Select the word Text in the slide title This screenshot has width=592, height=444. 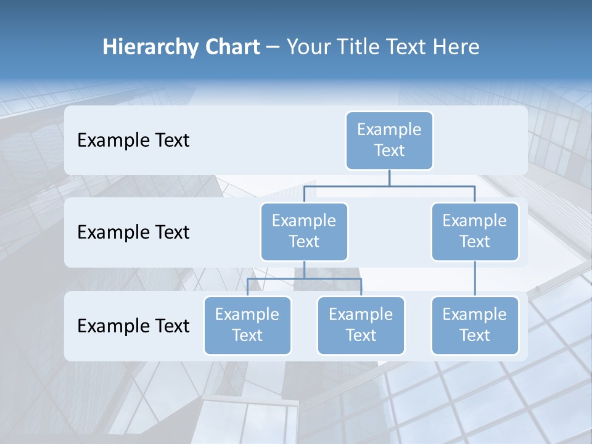[409, 47]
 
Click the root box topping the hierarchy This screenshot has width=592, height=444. [389, 140]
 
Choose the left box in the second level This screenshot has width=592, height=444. [304, 231]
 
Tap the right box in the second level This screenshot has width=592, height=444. [475, 231]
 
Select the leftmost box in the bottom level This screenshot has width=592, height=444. [247, 325]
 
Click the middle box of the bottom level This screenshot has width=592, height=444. [361, 325]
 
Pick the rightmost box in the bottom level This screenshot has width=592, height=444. [475, 325]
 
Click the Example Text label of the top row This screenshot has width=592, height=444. [133, 141]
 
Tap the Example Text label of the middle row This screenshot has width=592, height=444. [133, 232]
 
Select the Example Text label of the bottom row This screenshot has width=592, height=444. [133, 326]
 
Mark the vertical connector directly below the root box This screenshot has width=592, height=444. [389, 178]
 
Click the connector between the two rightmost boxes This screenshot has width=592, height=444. [475, 279]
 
